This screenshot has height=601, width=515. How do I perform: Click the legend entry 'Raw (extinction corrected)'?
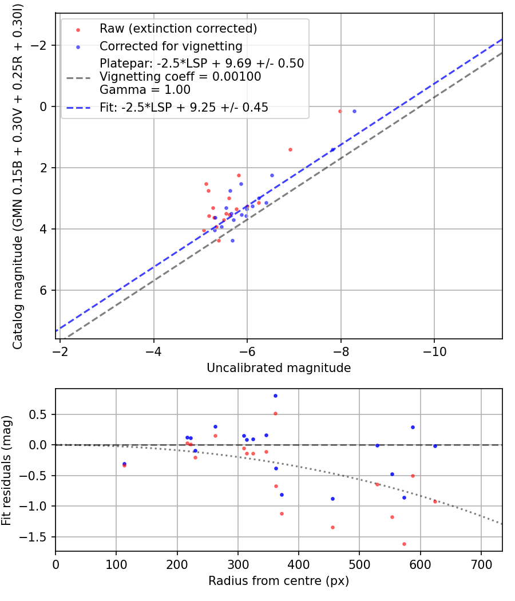[x=178, y=29]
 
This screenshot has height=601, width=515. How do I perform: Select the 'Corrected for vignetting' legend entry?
[x=171, y=46]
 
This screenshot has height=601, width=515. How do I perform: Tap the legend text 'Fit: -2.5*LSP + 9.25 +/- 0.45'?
[x=184, y=107]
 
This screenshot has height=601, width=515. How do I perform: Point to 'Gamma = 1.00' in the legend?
[x=145, y=90]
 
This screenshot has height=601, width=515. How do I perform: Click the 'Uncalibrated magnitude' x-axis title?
[x=279, y=368]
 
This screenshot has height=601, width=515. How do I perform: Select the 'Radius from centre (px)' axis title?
[x=279, y=581]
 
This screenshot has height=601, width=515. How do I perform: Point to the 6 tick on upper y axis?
[x=45, y=290]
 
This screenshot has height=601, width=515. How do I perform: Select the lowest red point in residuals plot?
[x=404, y=544]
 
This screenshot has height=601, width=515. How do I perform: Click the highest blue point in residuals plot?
[x=275, y=396]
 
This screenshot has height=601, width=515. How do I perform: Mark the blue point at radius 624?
[x=435, y=446]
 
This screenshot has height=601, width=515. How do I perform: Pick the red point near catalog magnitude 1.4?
[x=290, y=149]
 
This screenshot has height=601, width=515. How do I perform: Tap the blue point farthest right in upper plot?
[x=354, y=111]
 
